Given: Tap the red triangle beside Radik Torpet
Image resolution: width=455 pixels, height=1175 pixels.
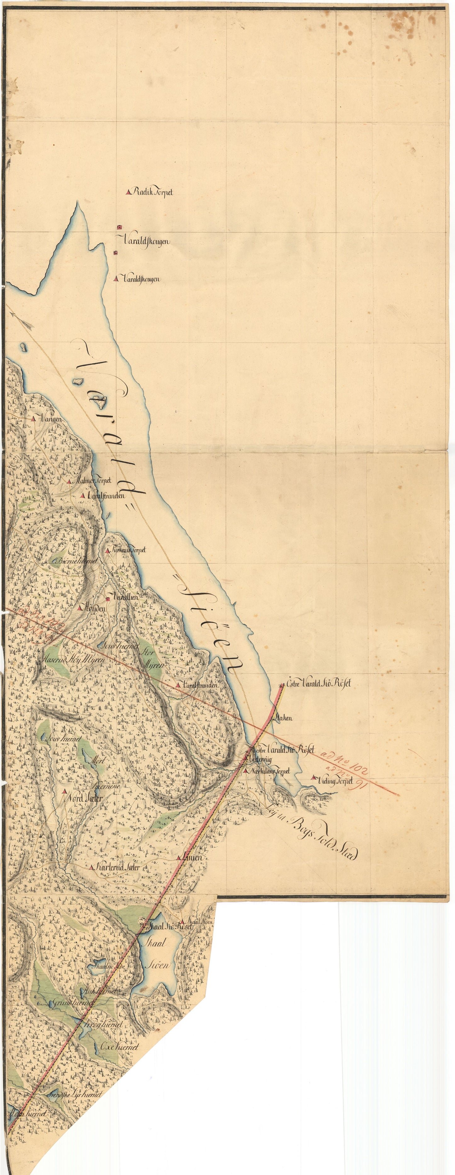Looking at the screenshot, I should click(128, 192).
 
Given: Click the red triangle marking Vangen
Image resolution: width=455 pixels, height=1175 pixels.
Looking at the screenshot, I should click(33, 418).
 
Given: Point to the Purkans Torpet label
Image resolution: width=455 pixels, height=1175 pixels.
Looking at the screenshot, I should click(129, 551).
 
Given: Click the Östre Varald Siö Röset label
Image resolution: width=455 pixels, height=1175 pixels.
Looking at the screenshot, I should click(319, 684).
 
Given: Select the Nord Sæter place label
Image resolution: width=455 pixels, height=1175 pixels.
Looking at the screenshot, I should click(84, 799).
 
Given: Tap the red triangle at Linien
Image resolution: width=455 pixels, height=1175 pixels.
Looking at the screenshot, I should click(179, 858).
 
